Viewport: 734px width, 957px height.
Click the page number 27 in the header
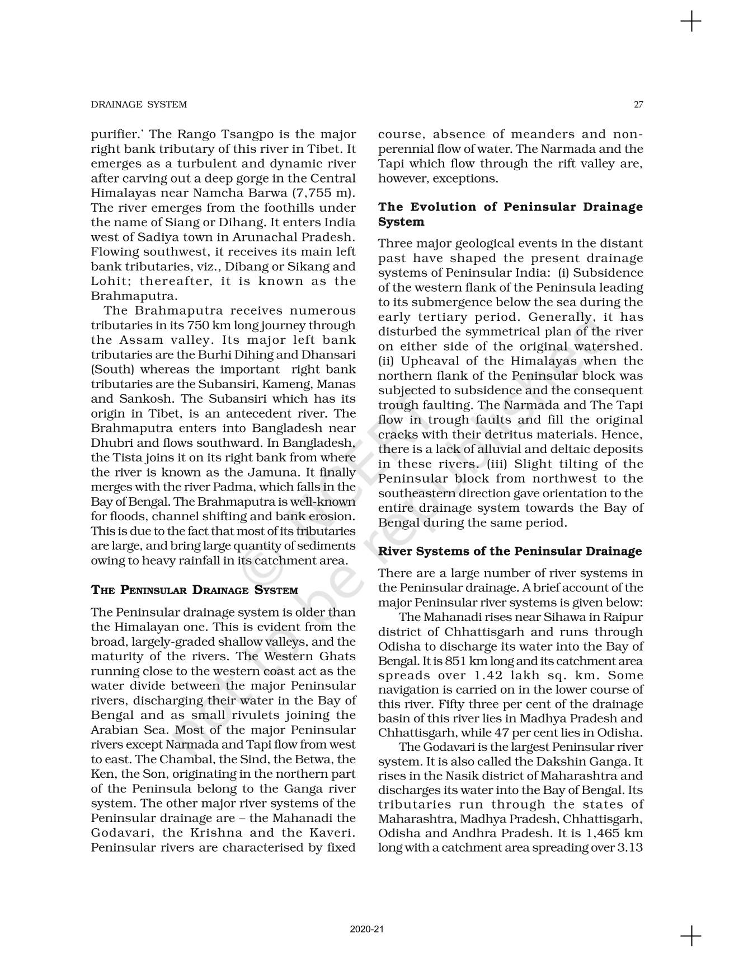coord(638,105)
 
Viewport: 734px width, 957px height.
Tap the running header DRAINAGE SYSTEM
coord(139,105)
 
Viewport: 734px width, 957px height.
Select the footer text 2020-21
coord(366,929)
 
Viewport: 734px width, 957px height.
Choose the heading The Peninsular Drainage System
coord(194,590)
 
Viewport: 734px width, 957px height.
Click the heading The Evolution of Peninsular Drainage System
coord(510,214)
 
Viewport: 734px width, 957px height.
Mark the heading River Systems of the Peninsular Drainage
coord(510,551)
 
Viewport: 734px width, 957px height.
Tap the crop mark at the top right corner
coord(691,22)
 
